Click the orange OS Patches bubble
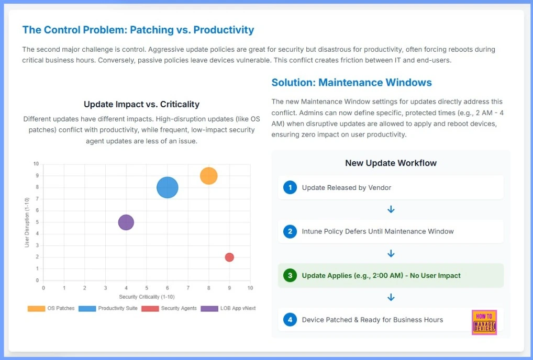click(x=208, y=176)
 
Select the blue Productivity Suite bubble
click(x=168, y=187)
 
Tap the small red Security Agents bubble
click(x=229, y=257)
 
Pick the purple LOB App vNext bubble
click(x=126, y=222)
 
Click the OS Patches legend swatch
click(x=36, y=308)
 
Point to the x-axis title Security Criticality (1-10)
click(x=147, y=297)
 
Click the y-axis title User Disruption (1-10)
click(x=27, y=222)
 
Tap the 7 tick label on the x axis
click(x=188, y=288)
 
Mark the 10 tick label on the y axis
click(x=36, y=164)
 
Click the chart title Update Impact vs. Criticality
click(x=141, y=104)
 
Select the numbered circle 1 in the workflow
click(x=290, y=187)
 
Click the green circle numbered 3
click(x=290, y=275)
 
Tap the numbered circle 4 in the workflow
click(x=290, y=320)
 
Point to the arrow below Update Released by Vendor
click(x=391, y=209)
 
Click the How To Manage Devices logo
click(x=484, y=322)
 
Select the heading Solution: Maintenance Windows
click(x=351, y=82)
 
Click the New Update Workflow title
click(x=391, y=163)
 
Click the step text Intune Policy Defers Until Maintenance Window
click(x=377, y=231)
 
